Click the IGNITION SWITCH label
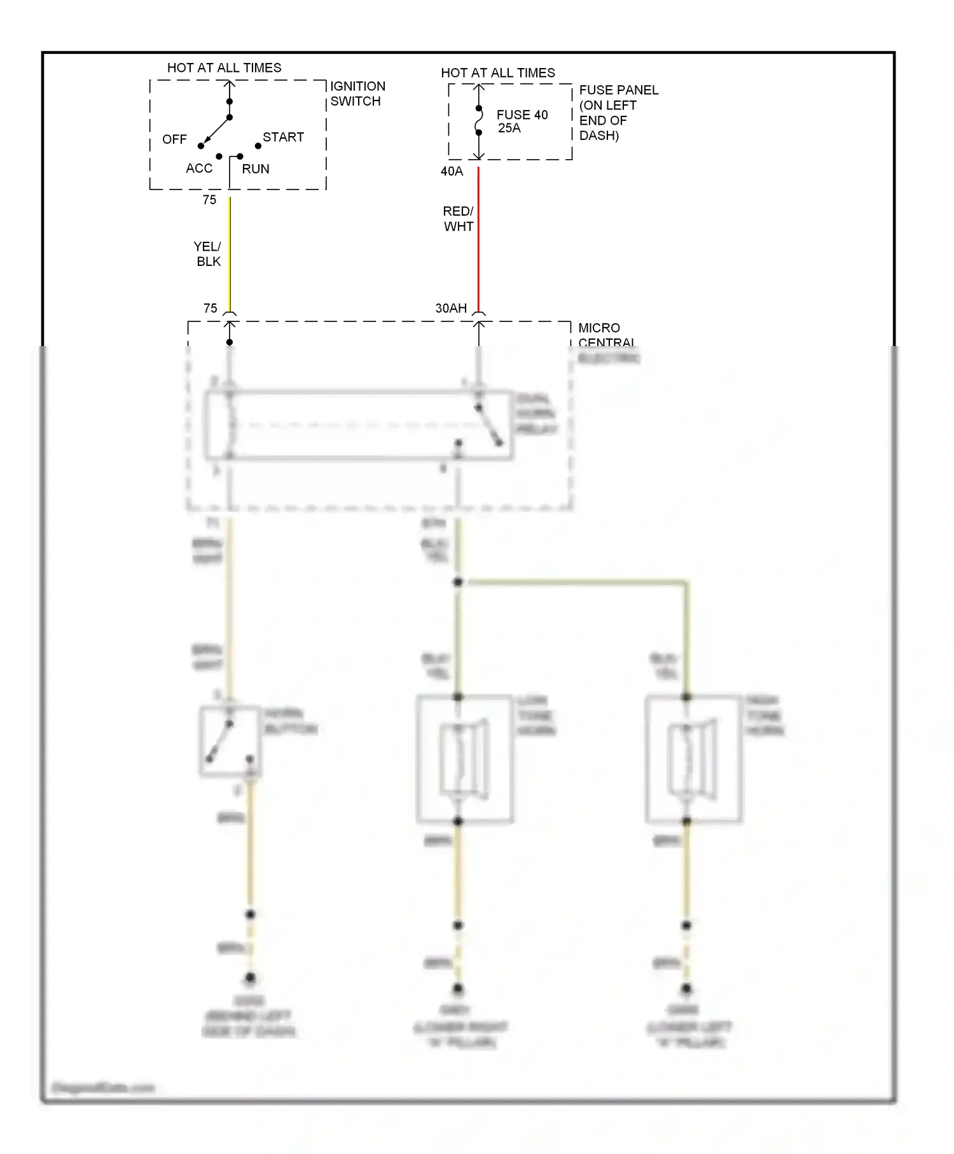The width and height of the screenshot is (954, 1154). [x=357, y=94]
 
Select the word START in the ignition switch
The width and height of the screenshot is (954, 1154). [x=283, y=137]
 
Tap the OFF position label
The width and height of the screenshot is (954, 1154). [x=174, y=139]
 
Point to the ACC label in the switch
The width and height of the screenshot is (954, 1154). [x=199, y=169]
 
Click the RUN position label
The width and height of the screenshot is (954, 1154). [x=256, y=169]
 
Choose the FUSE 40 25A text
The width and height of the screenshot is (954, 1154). [x=522, y=122]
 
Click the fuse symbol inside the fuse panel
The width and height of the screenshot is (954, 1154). [x=479, y=121]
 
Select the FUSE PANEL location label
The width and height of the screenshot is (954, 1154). [x=618, y=113]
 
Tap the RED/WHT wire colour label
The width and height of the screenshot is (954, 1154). [x=459, y=219]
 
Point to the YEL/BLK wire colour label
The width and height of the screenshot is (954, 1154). [x=208, y=254]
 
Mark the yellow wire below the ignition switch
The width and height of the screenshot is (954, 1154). [x=230, y=254]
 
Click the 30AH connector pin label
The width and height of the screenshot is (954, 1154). [x=451, y=309]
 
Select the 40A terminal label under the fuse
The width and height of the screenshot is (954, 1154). [x=452, y=171]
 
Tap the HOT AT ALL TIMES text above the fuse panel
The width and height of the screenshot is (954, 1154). [x=498, y=73]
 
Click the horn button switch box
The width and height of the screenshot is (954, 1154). [x=230, y=742]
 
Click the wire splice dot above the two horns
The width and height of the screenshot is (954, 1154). [x=457, y=583]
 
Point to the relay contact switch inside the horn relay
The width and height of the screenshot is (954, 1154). [x=489, y=425]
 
